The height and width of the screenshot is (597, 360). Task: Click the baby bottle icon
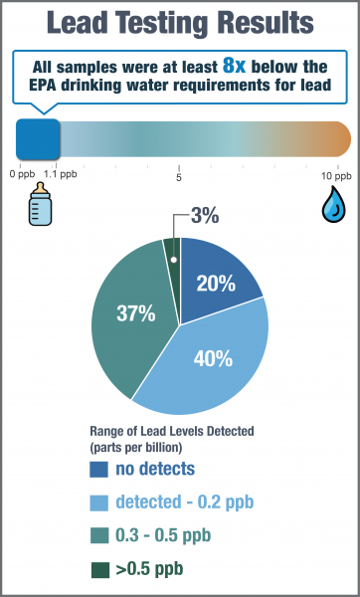(39, 204)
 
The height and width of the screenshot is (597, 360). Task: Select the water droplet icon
(331, 204)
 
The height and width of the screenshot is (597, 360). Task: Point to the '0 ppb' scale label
(22, 173)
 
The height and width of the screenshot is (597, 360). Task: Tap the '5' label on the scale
(179, 179)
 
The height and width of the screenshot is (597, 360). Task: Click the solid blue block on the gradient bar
(38, 140)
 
